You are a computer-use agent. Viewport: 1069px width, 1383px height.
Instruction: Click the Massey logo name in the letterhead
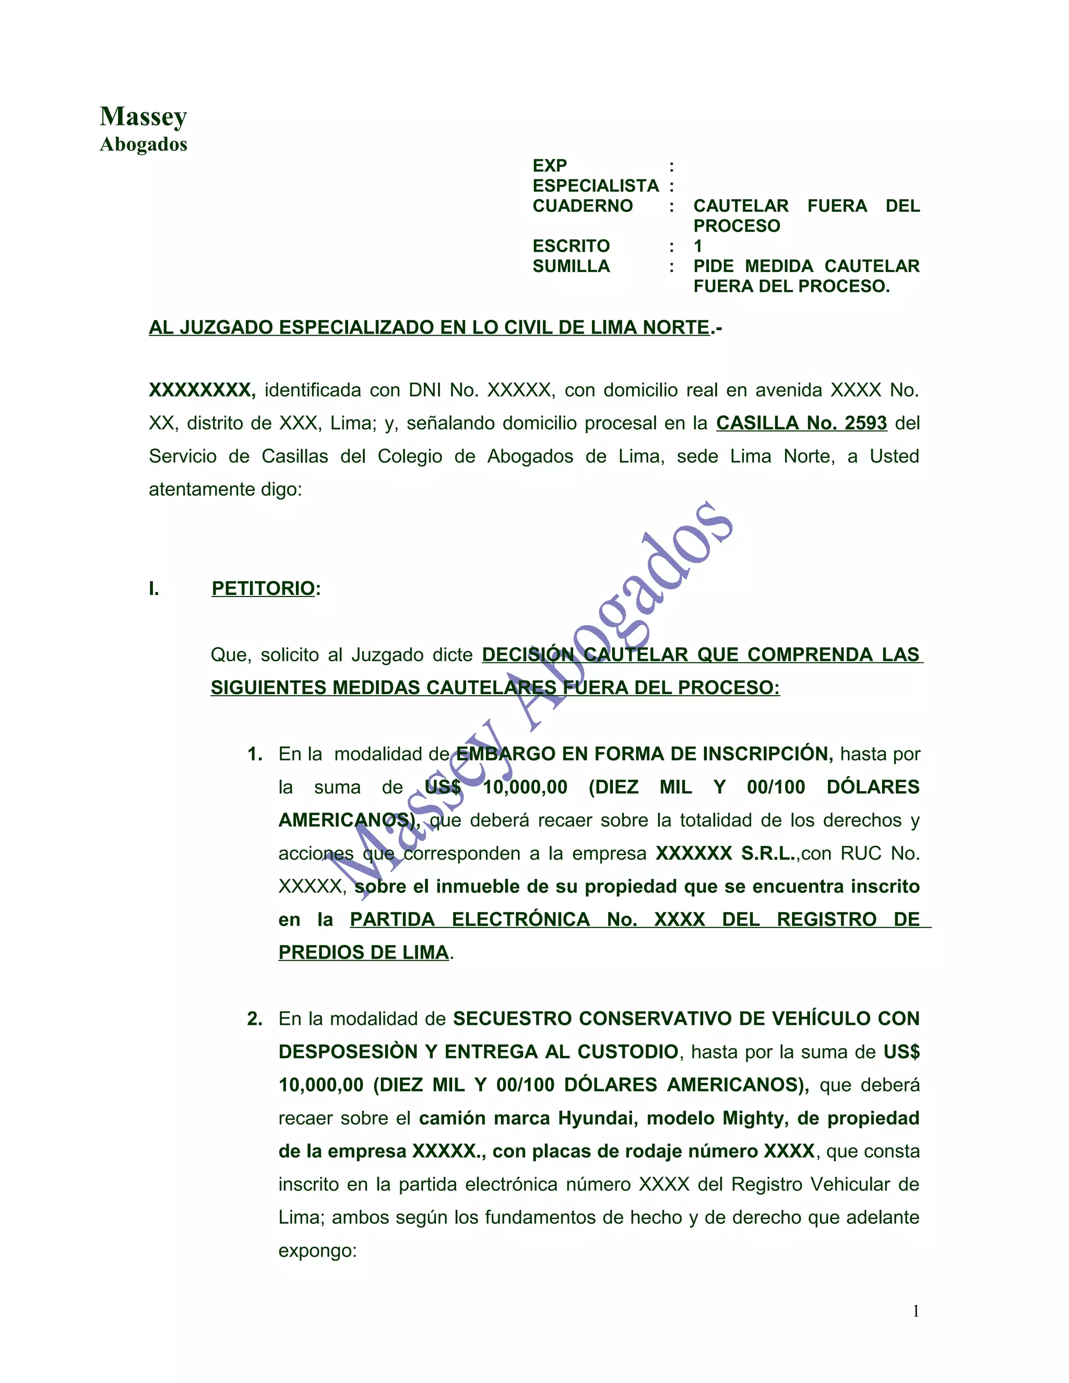pyautogui.click(x=143, y=116)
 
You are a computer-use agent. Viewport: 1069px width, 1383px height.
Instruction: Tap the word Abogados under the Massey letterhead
pyautogui.click(x=143, y=145)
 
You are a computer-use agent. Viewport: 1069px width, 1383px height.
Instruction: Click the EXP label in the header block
pyautogui.click(x=549, y=166)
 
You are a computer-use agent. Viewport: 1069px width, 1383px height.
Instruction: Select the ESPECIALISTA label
pyautogui.click(x=595, y=186)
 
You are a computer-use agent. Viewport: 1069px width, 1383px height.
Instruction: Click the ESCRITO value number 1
pyautogui.click(x=697, y=246)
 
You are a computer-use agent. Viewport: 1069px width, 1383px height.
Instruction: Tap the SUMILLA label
pyautogui.click(x=571, y=267)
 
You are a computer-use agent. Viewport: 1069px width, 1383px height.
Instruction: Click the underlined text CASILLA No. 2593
pyautogui.click(x=801, y=423)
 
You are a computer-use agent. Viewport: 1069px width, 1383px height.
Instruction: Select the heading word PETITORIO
pyautogui.click(x=263, y=588)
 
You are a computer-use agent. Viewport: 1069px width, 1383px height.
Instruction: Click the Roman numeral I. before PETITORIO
pyautogui.click(x=154, y=589)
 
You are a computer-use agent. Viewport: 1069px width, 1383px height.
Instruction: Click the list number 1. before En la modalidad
pyautogui.click(x=255, y=754)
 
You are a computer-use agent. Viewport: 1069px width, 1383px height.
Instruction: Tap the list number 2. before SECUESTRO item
pyautogui.click(x=255, y=1019)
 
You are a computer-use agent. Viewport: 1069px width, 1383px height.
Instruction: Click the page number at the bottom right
pyautogui.click(x=915, y=1312)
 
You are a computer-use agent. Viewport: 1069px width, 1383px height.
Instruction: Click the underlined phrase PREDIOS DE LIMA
pyautogui.click(x=363, y=952)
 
